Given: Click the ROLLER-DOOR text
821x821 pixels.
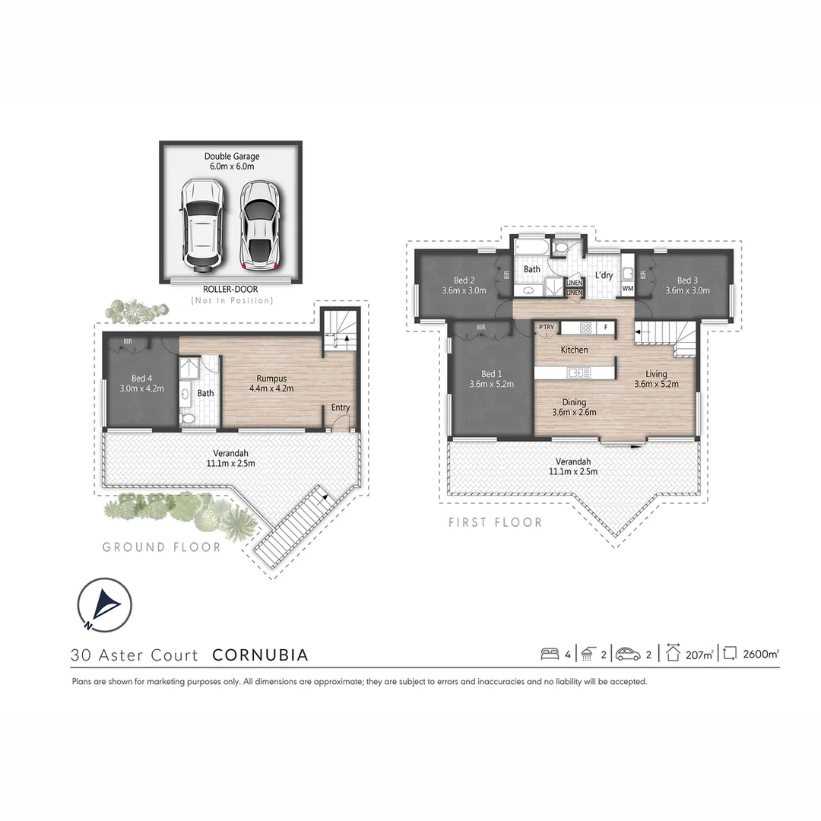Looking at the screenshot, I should [231, 290].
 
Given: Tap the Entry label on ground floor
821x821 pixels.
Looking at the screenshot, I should [341, 408].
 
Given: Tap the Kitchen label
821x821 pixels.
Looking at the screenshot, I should [574, 350].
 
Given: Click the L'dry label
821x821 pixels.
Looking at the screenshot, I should [604, 274].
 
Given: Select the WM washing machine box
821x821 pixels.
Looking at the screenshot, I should [628, 289].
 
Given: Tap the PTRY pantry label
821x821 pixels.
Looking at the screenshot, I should [546, 328].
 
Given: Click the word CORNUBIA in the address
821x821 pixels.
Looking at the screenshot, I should [260, 655].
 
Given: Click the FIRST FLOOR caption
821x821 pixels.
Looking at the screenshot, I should [495, 522].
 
